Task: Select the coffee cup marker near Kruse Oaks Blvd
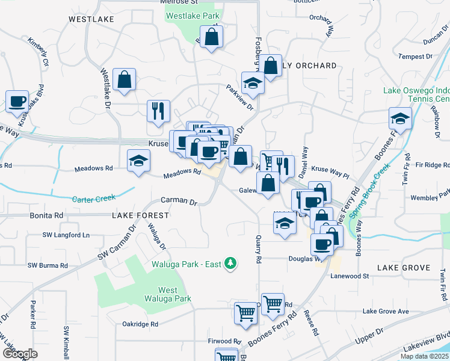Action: click(x=17, y=102)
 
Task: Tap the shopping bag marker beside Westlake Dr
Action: click(x=124, y=80)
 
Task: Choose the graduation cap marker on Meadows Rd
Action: click(x=139, y=161)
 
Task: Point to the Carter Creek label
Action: click(x=93, y=199)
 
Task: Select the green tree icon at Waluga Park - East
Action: click(x=229, y=263)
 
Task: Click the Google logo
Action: click(x=20, y=354)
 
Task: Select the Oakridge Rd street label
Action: click(x=140, y=324)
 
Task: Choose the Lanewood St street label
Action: click(x=350, y=276)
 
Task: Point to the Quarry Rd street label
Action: click(x=258, y=250)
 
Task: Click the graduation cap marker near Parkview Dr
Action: click(x=253, y=84)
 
